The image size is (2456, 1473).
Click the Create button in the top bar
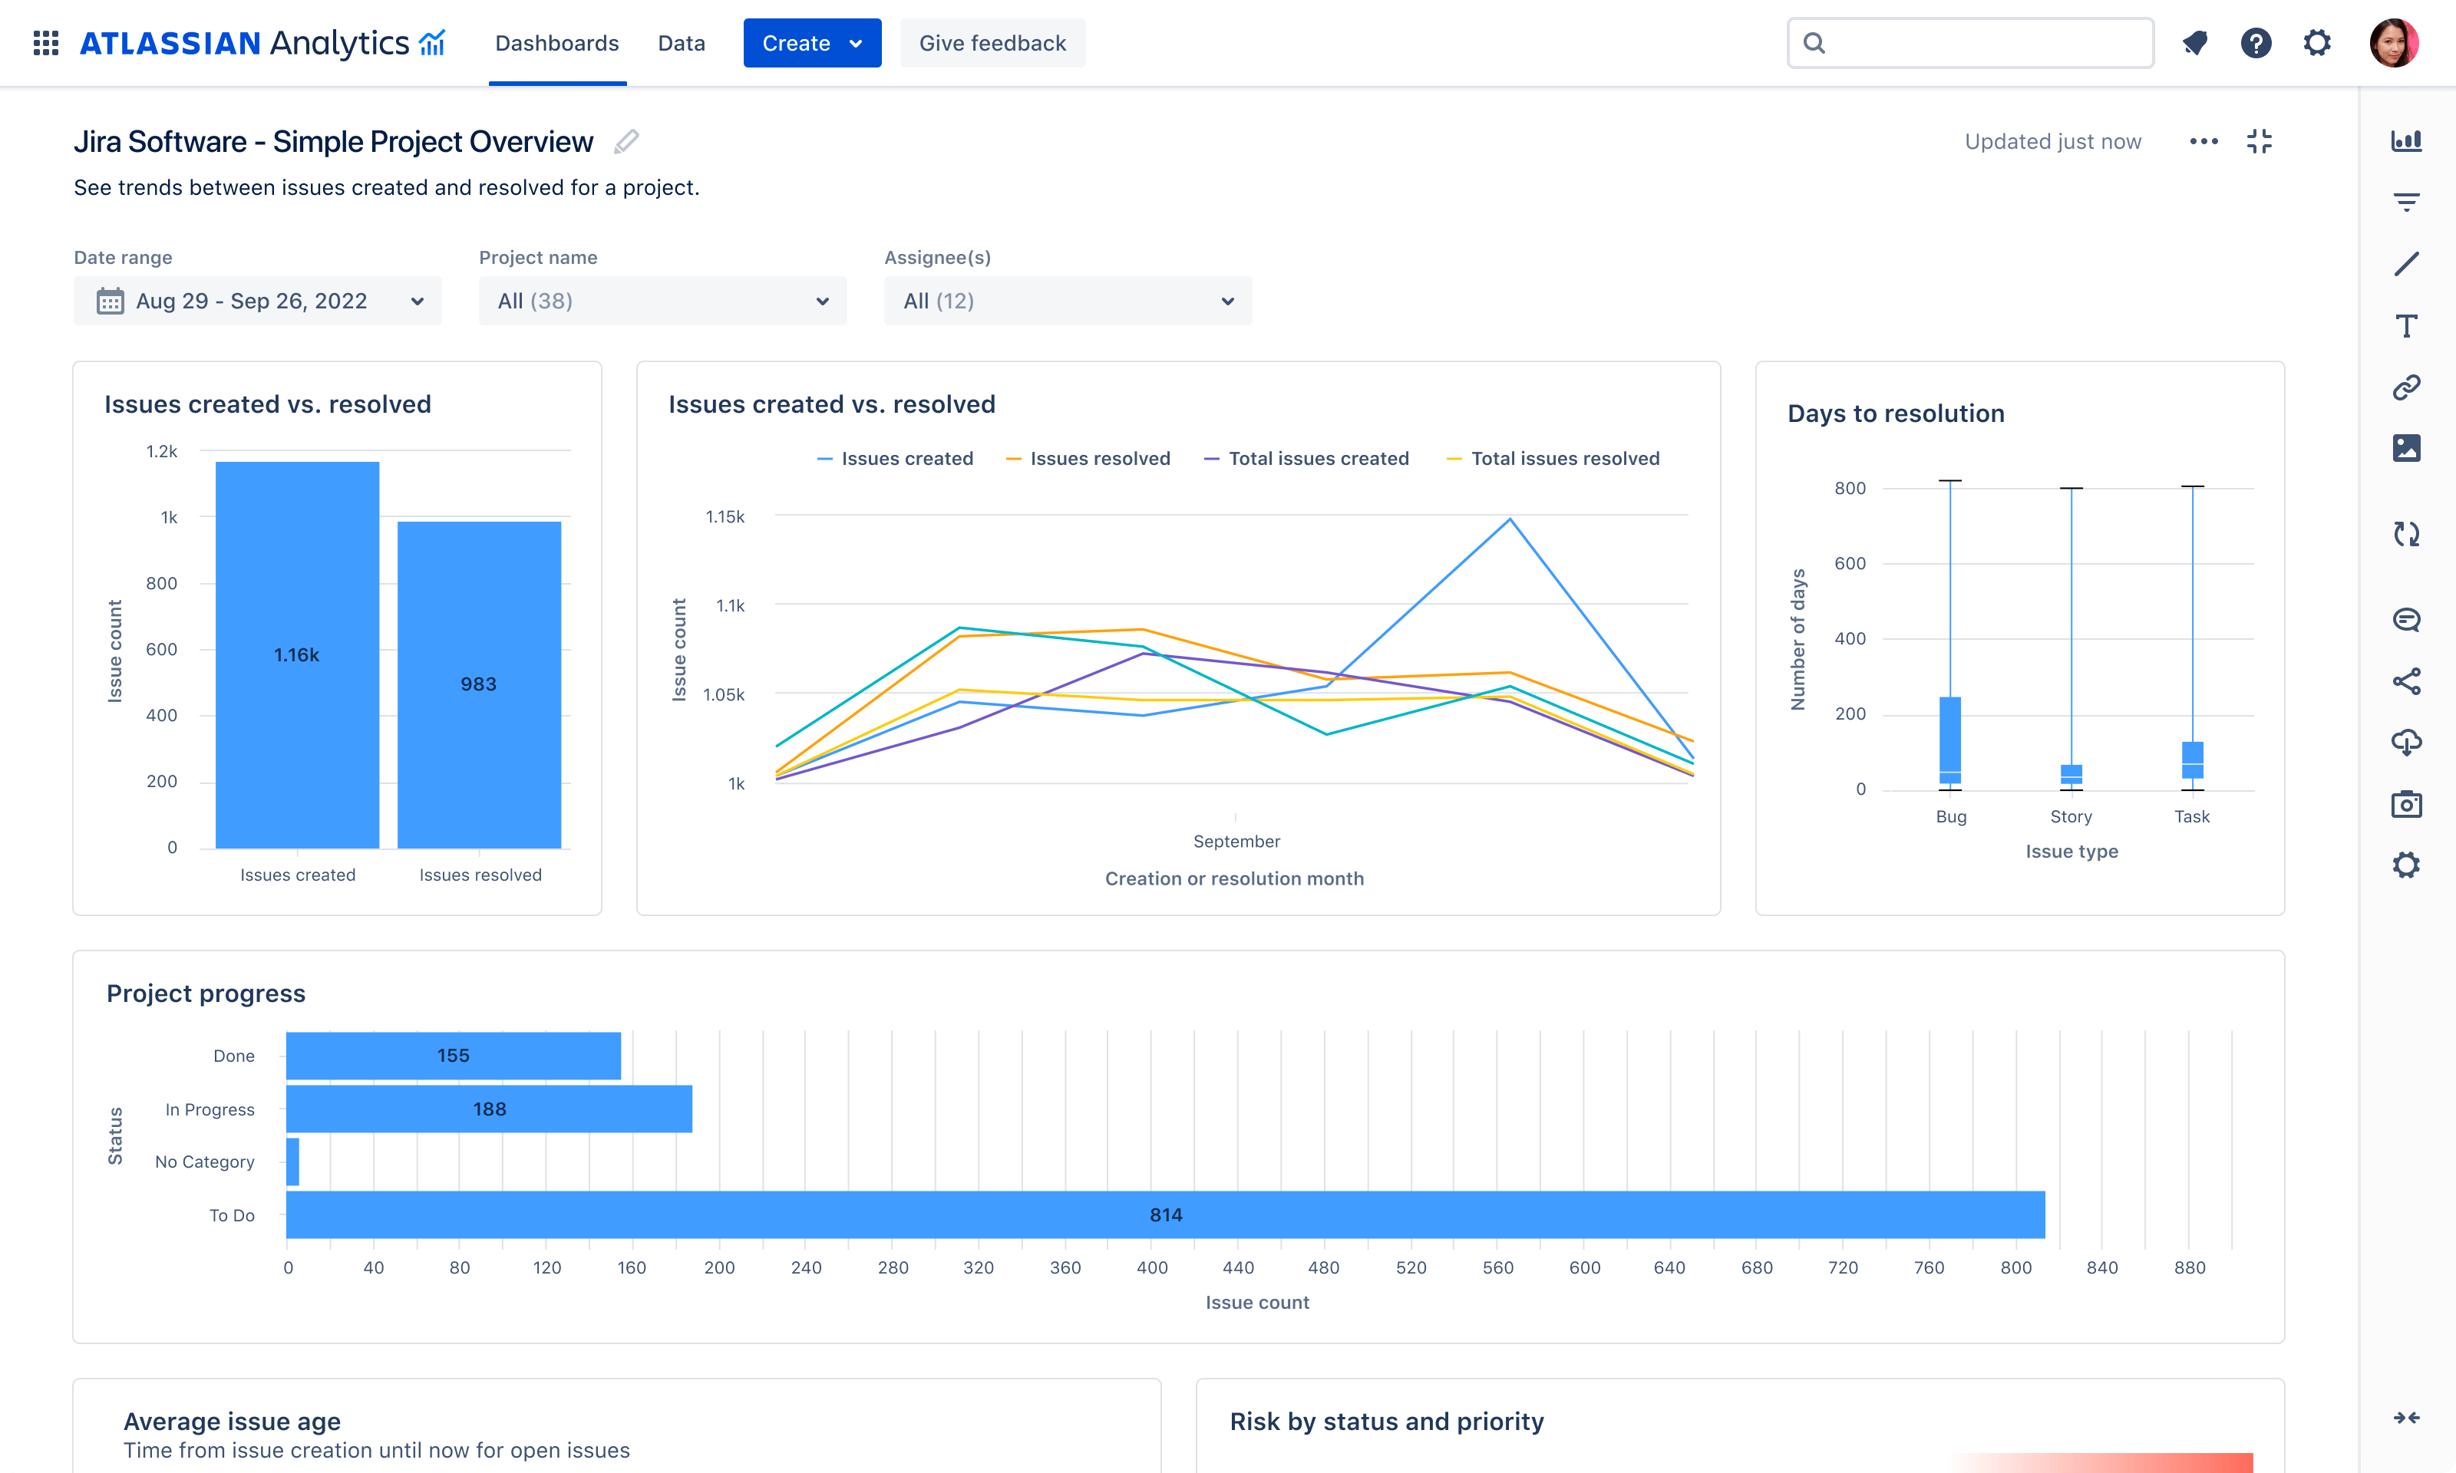pyautogui.click(x=811, y=44)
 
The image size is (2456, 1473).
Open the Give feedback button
pyautogui.click(x=992, y=44)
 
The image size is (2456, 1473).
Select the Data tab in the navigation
pyautogui.click(x=681, y=44)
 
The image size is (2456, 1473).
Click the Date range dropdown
pyautogui.click(x=257, y=301)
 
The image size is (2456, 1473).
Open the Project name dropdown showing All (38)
pyautogui.click(x=662, y=301)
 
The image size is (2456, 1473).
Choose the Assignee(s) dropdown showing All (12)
pyautogui.click(x=1067, y=301)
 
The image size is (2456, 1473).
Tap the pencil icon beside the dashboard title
pyautogui.click(x=626, y=142)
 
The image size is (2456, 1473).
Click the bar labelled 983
pyautogui.click(x=478, y=684)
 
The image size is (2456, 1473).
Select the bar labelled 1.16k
pyautogui.click(x=297, y=654)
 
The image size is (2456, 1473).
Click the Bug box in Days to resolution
pyautogui.click(x=1949, y=740)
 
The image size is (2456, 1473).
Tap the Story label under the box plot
pyautogui.click(x=2071, y=817)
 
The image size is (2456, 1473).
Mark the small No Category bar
pyautogui.click(x=293, y=1162)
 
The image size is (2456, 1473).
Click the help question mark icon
pyautogui.click(x=2256, y=44)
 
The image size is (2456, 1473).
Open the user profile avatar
pyautogui.click(x=2394, y=44)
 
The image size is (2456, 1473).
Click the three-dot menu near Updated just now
pyautogui.click(x=2203, y=142)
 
